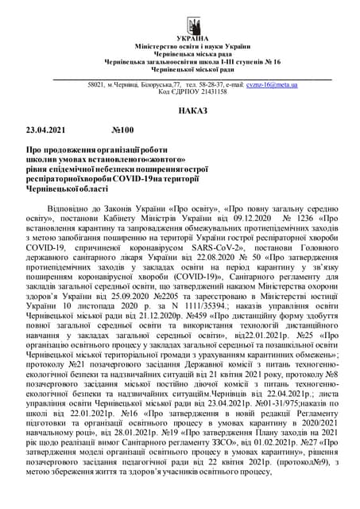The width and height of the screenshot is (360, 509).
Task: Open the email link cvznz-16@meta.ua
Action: point(271,84)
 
